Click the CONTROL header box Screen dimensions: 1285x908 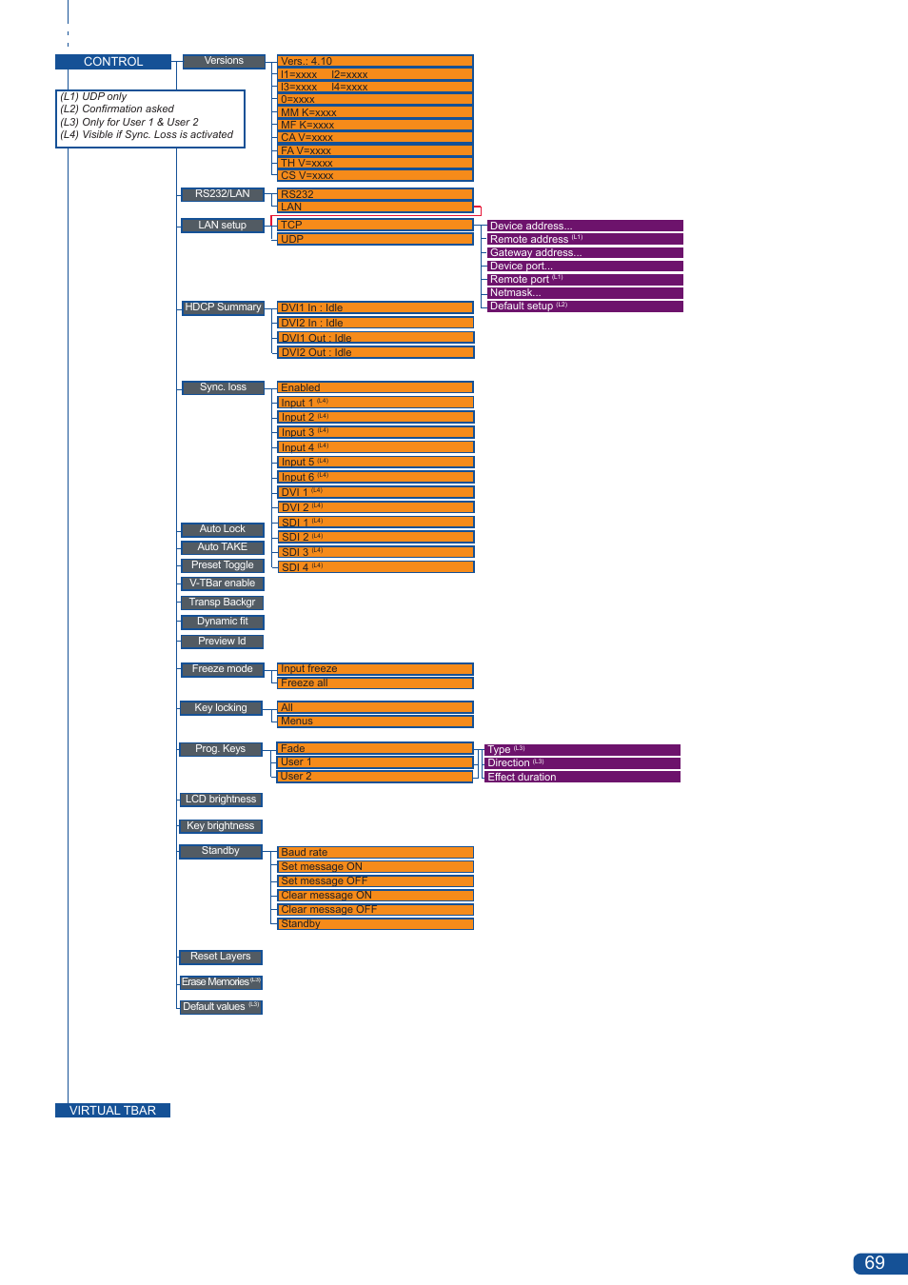point(113,62)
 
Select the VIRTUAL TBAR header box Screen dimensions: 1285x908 point(112,1110)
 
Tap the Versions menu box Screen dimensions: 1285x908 point(224,61)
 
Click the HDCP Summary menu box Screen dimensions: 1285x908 point(223,307)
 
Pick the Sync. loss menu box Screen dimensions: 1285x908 point(223,387)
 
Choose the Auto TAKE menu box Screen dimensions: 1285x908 point(222,547)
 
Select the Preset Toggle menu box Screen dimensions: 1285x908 point(222,565)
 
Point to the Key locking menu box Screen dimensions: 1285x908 point(221,708)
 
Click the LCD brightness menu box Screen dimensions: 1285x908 point(221,800)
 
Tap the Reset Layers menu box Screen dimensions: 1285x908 point(221,957)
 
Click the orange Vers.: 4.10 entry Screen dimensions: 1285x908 point(375,61)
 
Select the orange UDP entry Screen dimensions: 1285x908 point(375,239)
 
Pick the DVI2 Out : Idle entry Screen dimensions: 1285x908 point(375,352)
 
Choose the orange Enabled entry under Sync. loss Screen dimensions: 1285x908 point(375,387)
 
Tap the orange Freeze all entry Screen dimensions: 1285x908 point(375,682)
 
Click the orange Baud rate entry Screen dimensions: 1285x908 point(375,852)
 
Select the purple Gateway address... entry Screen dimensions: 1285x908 point(584,252)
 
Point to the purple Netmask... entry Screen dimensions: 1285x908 point(584,292)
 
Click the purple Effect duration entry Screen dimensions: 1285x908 point(582,777)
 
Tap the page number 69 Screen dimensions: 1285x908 point(876,1263)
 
